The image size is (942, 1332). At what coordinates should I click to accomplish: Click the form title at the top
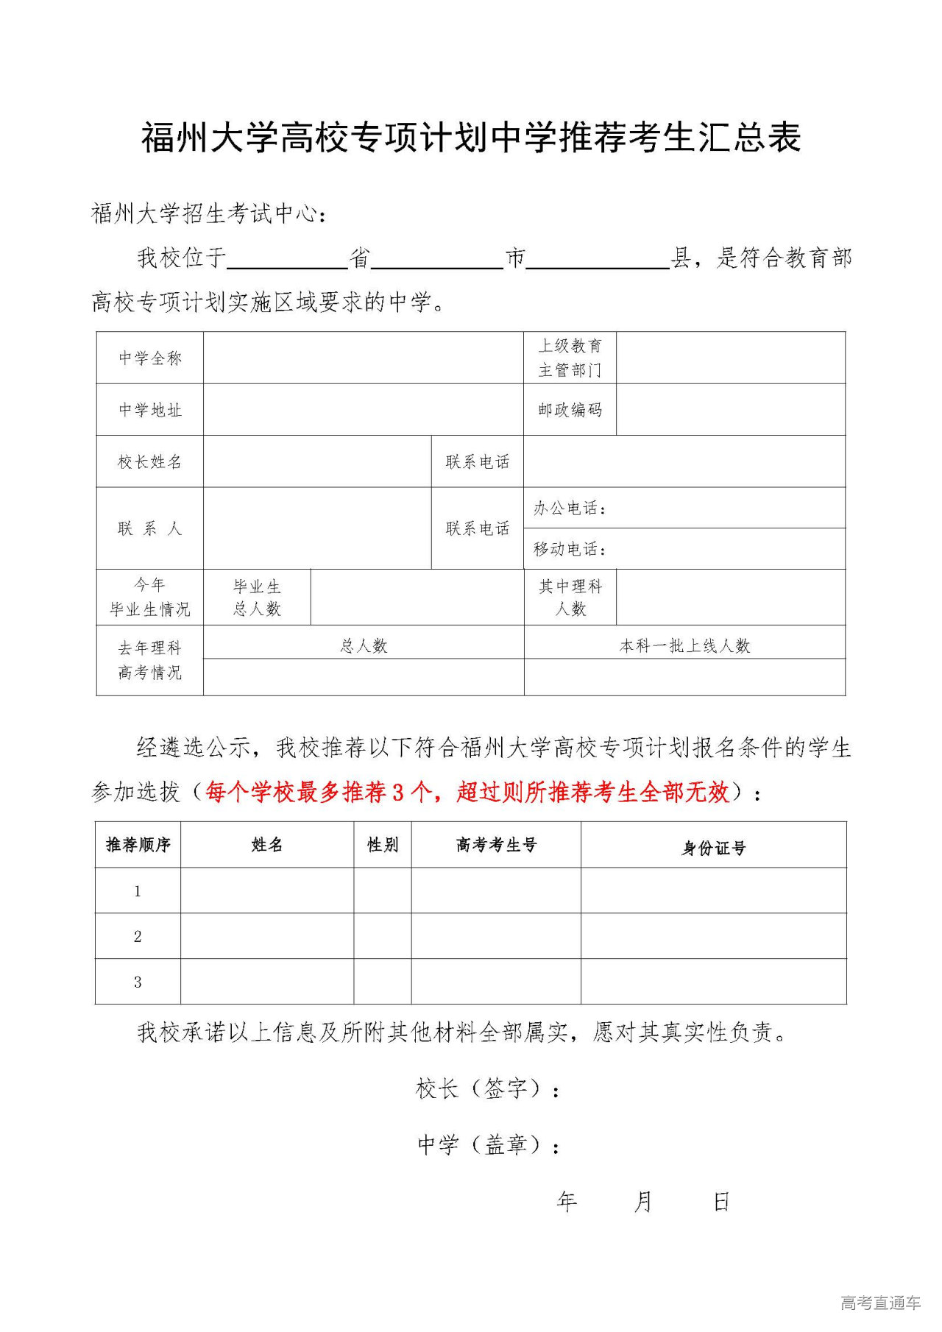click(x=471, y=138)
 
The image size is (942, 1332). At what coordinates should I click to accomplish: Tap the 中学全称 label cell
click(x=150, y=358)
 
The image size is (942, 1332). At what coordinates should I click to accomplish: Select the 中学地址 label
click(x=150, y=410)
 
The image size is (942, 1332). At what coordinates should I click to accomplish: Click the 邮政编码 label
click(x=570, y=410)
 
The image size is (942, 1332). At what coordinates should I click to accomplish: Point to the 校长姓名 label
click(x=150, y=462)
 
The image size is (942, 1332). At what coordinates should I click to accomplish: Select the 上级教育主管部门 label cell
click(x=570, y=358)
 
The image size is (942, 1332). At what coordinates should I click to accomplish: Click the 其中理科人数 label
click(x=570, y=598)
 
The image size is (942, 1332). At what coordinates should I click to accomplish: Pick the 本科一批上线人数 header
click(x=684, y=646)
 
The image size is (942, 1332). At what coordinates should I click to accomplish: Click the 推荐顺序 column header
click(x=138, y=845)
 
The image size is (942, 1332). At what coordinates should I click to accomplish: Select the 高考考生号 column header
click(x=496, y=845)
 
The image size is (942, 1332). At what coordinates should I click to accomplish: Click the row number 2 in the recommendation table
click(x=138, y=936)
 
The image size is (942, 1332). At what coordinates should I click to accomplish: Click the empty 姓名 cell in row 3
click(x=267, y=982)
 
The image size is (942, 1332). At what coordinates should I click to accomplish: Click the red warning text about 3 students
click(x=468, y=793)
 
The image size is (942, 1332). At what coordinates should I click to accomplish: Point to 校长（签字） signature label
click(x=486, y=1088)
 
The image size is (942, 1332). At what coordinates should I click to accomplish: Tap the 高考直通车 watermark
click(x=880, y=1303)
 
